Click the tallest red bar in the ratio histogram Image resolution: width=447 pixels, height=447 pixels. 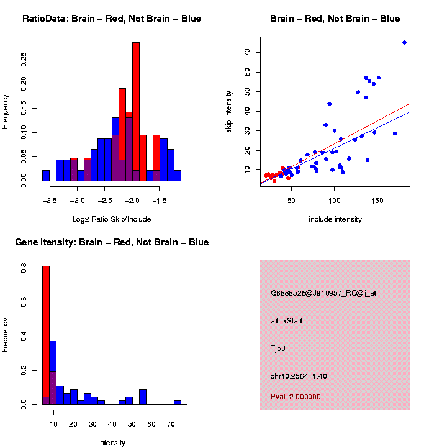tap(136, 112)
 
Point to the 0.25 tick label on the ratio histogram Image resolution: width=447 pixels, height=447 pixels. tap(24, 59)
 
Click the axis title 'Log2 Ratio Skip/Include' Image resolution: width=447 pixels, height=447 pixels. tap(111, 219)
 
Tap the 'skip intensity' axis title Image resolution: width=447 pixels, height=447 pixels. tap(229, 112)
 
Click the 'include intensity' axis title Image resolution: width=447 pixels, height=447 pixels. tap(335, 219)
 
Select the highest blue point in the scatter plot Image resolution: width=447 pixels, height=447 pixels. tap(404, 43)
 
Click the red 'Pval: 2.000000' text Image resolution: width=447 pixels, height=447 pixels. tap(296, 397)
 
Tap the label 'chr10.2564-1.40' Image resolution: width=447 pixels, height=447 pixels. tap(299, 376)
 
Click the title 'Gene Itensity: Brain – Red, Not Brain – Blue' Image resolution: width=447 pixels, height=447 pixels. tap(112, 242)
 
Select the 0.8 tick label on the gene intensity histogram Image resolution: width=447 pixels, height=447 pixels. tap(24, 269)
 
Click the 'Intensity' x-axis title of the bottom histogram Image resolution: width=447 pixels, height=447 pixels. tap(112, 443)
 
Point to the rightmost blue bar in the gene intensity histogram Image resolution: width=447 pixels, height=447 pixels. tap(178, 402)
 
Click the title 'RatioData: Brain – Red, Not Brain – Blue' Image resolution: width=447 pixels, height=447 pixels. tap(112, 19)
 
